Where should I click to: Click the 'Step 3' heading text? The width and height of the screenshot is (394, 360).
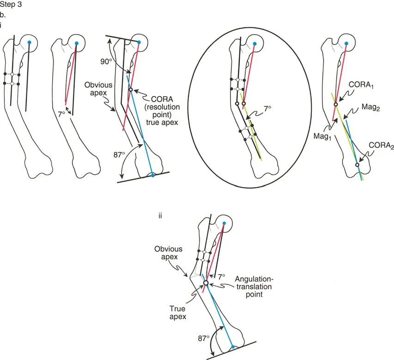(9, 5)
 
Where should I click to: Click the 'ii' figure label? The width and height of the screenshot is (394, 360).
(160, 215)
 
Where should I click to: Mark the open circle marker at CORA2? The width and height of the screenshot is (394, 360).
(357, 165)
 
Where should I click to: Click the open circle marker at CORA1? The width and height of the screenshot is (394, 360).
(336, 104)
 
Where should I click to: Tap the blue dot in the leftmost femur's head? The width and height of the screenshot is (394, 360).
(29, 43)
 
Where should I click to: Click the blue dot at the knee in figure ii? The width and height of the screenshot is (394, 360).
(233, 347)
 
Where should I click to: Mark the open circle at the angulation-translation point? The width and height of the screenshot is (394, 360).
(206, 283)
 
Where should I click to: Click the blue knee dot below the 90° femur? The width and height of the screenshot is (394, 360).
(153, 175)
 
